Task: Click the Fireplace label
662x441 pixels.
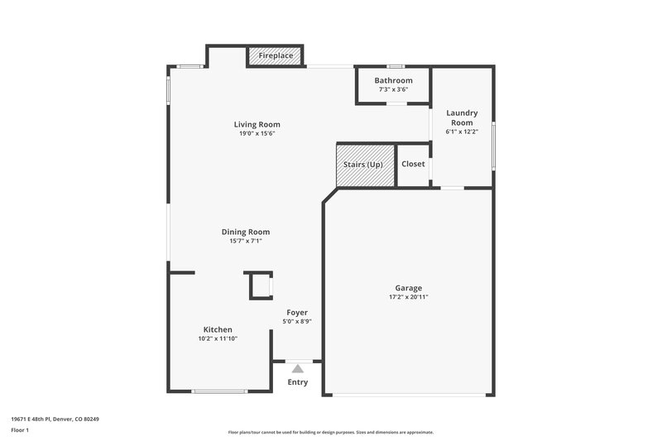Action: [x=276, y=56]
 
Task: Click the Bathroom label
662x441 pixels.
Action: [x=393, y=80]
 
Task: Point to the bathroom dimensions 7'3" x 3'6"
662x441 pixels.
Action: [x=393, y=89]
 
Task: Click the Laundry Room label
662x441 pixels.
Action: [x=462, y=117]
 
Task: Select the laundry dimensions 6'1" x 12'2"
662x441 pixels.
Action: [x=462, y=132]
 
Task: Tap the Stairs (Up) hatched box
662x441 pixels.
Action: [x=363, y=165]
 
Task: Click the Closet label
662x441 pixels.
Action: [x=413, y=164]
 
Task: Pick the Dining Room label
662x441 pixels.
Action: [x=245, y=232]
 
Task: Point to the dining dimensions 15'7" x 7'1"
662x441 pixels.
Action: [x=245, y=241]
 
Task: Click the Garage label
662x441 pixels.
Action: [x=408, y=288]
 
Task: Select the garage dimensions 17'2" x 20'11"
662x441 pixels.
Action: [x=408, y=297]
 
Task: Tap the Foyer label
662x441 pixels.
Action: [x=297, y=313]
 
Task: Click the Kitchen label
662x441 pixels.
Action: [x=218, y=329]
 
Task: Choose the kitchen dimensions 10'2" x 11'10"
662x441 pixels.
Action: [x=218, y=338]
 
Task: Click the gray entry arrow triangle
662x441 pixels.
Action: [x=298, y=368]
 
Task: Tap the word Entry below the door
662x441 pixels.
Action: [x=298, y=382]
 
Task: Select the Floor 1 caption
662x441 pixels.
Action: [x=20, y=430]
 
